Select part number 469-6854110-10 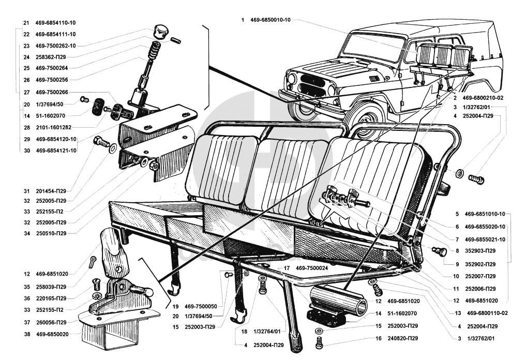click(55, 23)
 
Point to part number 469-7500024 click(314, 267)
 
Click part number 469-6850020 click(52, 334)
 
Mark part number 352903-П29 click(481, 250)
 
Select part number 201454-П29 click(51, 190)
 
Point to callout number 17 click(286, 267)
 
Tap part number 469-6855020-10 click(485, 227)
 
